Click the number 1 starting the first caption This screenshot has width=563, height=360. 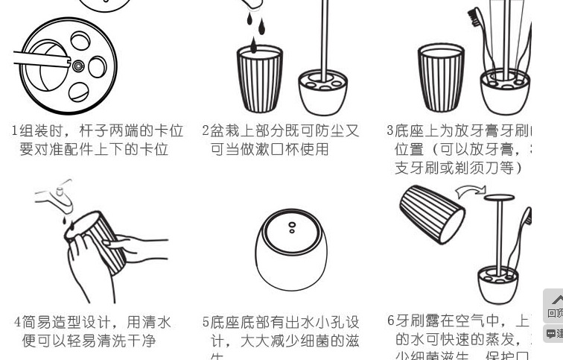click(14, 131)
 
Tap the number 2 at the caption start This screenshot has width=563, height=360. click(206, 131)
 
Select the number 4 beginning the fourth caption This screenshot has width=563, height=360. click(17, 323)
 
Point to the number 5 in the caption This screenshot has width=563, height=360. click(206, 323)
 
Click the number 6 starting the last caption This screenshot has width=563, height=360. click(390, 321)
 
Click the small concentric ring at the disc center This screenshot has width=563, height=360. click(77, 67)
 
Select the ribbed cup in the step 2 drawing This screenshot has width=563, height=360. click(260, 79)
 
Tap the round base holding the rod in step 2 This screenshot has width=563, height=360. click(322, 91)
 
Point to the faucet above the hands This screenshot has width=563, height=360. click(56, 197)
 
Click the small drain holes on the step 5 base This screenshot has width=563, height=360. click(292, 227)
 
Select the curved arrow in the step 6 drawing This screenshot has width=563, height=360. click(469, 192)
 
